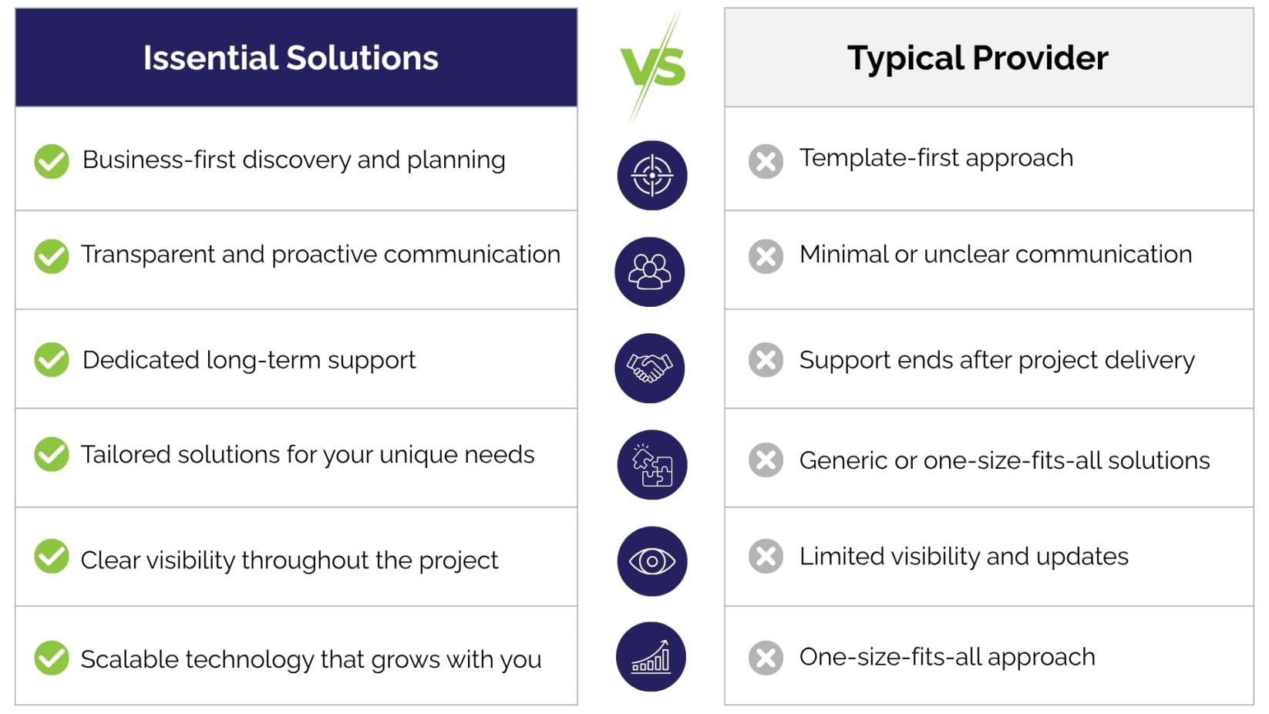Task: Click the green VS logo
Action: click(653, 67)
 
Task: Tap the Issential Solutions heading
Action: click(291, 58)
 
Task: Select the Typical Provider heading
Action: click(978, 58)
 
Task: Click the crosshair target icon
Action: click(652, 176)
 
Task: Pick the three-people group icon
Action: click(650, 272)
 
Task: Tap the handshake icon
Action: click(650, 369)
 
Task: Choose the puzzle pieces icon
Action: click(652, 465)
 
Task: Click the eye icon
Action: click(652, 561)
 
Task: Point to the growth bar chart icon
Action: click(651, 657)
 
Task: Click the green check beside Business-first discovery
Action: click(52, 161)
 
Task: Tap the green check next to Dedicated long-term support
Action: click(52, 359)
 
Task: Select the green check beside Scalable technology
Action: click(52, 658)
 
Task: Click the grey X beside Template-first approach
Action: click(766, 161)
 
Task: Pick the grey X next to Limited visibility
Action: click(766, 556)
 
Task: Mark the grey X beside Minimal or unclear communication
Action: click(766, 257)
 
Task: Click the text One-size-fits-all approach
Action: click(948, 658)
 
